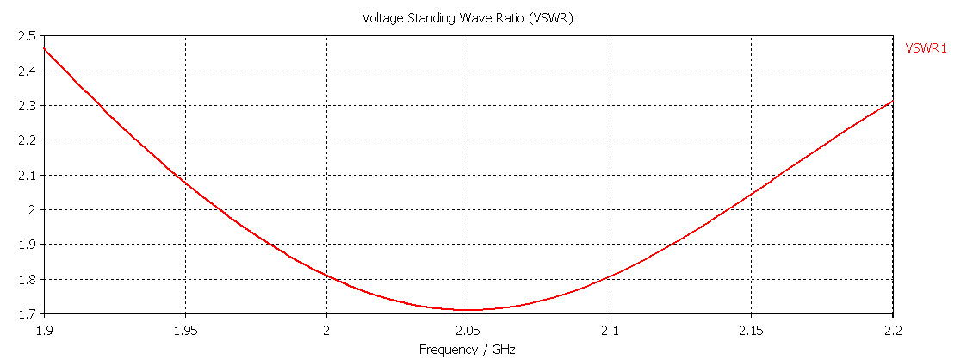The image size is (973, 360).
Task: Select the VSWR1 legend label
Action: tap(926, 48)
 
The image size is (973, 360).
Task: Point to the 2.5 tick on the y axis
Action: tap(26, 36)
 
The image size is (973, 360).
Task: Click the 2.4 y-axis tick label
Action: tap(26, 71)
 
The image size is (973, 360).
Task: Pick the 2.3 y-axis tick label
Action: tap(26, 105)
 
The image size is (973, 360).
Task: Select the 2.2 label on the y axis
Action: tap(26, 140)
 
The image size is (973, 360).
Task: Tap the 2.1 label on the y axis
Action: tap(26, 175)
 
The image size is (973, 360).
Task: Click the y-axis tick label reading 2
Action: tap(32, 209)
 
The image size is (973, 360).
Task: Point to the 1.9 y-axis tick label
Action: tap(26, 244)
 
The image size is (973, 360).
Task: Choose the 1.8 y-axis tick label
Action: tap(26, 279)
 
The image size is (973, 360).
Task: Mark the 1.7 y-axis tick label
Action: tap(26, 313)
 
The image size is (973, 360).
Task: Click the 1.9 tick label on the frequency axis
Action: tap(44, 330)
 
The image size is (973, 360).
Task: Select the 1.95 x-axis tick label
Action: tap(185, 330)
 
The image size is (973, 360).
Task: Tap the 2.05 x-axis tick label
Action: tap(468, 330)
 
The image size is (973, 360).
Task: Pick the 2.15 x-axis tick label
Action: tap(752, 330)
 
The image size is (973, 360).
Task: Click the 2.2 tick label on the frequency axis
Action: tap(893, 330)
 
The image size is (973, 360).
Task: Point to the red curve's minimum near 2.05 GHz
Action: tap(468, 310)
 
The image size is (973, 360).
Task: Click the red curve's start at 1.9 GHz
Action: tap(44, 48)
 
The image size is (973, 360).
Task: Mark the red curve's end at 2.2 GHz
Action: tap(893, 101)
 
